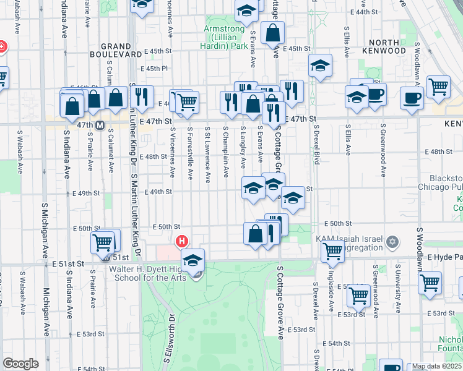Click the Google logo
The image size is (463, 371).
(20, 364)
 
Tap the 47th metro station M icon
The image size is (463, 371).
(99, 125)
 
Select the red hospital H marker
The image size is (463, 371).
(182, 241)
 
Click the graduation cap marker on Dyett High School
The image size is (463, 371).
(193, 259)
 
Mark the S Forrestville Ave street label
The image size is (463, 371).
(190, 155)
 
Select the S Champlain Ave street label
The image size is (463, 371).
(227, 155)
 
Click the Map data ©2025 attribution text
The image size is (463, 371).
(437, 366)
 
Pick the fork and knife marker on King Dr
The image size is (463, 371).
(143, 96)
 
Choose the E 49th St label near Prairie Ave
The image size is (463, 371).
(86, 193)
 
